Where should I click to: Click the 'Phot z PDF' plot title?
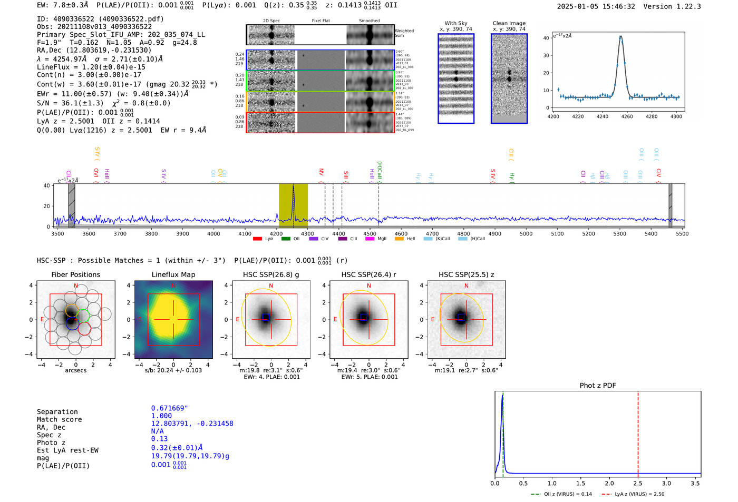[x=598, y=386]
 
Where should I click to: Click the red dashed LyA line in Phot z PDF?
[x=638, y=432]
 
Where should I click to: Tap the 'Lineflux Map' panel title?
[x=173, y=274]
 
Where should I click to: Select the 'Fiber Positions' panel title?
[x=76, y=274]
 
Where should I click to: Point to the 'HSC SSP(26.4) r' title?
[x=368, y=274]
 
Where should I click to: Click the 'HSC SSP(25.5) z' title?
[x=466, y=274]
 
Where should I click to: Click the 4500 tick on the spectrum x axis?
[x=370, y=234]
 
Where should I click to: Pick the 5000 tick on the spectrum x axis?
[x=526, y=234]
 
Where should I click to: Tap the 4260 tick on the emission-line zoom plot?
[x=627, y=116]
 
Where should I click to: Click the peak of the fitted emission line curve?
[x=621, y=36]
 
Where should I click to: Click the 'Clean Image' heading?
[x=509, y=23]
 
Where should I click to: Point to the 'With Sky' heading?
[x=456, y=23]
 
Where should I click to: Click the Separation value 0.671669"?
[x=169, y=408]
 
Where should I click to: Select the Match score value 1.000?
[x=161, y=416]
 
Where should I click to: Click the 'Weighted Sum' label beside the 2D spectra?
[x=404, y=33]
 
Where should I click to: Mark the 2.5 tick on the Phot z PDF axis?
[x=638, y=483]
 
